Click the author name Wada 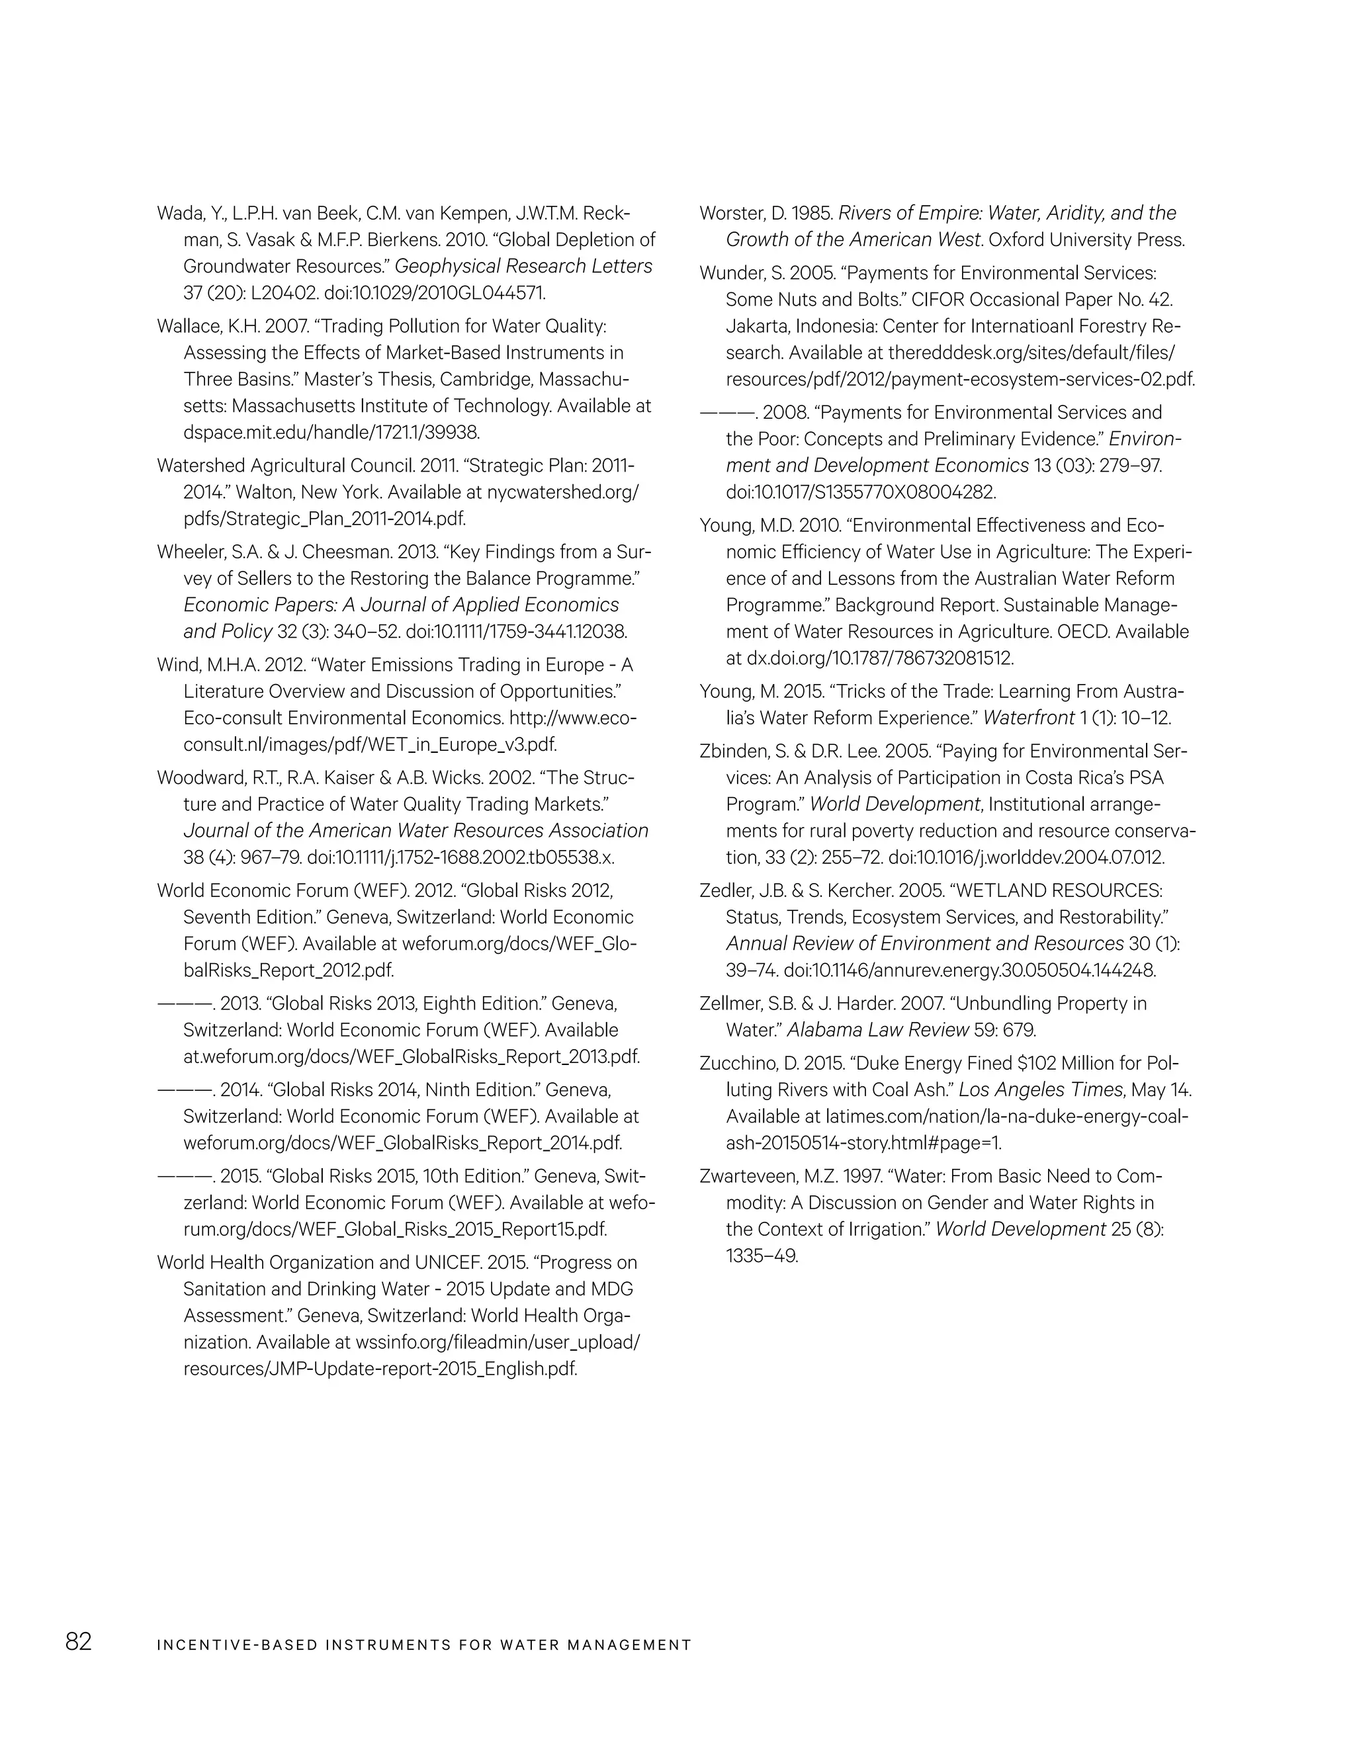(x=177, y=214)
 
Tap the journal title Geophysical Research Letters (x=523, y=267)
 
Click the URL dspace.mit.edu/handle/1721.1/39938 (x=331, y=433)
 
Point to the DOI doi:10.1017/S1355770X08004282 (x=861, y=492)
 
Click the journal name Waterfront (x=1028, y=718)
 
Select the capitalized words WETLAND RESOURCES (x=1057, y=891)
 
